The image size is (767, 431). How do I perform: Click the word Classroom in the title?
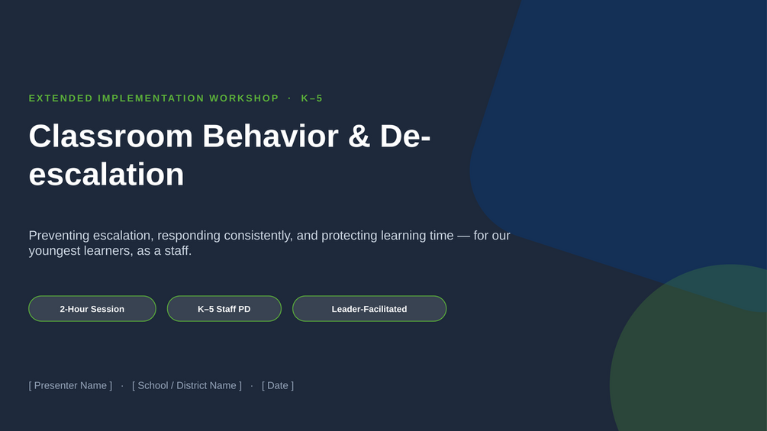coord(111,136)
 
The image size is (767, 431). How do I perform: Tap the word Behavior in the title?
coord(270,136)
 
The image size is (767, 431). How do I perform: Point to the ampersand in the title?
coord(359,136)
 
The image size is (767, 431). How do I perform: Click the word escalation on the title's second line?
coord(106,175)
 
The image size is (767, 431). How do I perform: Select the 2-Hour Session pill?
coord(92,309)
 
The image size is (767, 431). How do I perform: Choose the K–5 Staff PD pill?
coord(224,309)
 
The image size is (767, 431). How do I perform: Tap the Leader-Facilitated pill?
coord(369,309)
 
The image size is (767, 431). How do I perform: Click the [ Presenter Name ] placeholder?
coord(70,385)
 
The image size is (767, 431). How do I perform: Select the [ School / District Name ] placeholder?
coord(187,385)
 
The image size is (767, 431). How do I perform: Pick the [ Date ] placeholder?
coord(278,385)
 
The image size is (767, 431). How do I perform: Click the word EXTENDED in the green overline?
coord(60,98)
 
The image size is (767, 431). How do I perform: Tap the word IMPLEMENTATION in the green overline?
coord(151,98)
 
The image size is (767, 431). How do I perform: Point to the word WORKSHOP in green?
coord(244,98)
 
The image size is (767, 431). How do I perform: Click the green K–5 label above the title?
coord(312,98)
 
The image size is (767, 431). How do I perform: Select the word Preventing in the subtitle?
coord(60,236)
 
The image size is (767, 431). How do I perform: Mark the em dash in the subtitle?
coord(463,236)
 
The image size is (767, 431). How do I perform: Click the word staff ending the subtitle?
coord(178,251)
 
